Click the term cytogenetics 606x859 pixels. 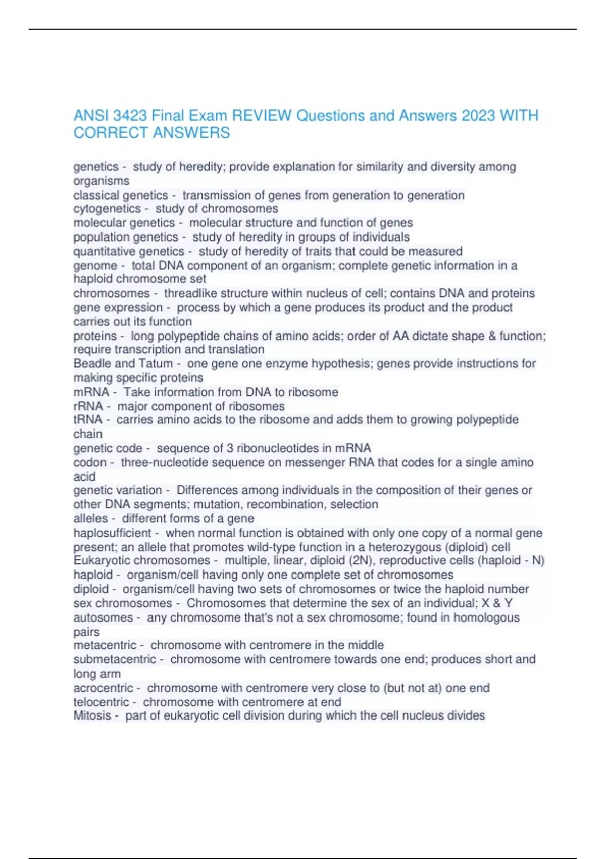click(107, 209)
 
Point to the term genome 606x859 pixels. click(95, 266)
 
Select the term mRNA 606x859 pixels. click(91, 392)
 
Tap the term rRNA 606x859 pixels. click(88, 406)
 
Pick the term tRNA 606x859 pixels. click(87, 420)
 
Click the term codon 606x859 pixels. click(90, 463)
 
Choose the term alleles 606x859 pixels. click(90, 519)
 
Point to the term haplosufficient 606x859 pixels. click(112, 533)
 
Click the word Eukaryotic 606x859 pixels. click(102, 560)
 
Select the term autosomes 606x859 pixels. click(103, 617)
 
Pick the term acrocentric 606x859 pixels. click(103, 688)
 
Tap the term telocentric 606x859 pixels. click(102, 702)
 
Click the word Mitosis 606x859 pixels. click(92, 716)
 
